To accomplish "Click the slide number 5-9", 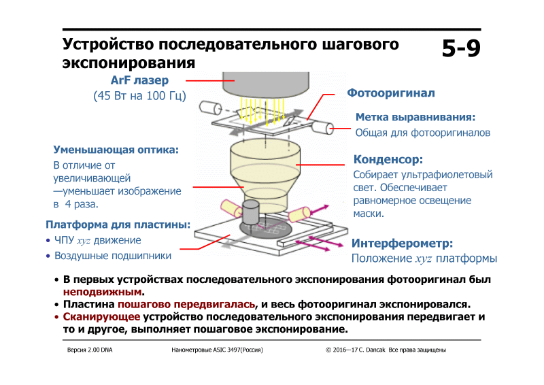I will click(x=460, y=49).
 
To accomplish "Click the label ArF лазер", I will click(x=139, y=80).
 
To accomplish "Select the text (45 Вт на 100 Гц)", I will click(x=139, y=96).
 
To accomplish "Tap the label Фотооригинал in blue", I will click(x=390, y=93).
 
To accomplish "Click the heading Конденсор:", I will click(x=388, y=160).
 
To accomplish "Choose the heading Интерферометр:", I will click(x=402, y=243).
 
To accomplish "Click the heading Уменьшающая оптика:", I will click(x=116, y=149).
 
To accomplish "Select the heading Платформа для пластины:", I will click(x=118, y=224).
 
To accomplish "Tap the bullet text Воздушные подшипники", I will click(x=113, y=256).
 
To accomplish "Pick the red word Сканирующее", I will click(x=101, y=317).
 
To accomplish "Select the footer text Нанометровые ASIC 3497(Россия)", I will click(x=218, y=350).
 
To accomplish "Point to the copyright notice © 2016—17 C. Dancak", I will click(x=356, y=350).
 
